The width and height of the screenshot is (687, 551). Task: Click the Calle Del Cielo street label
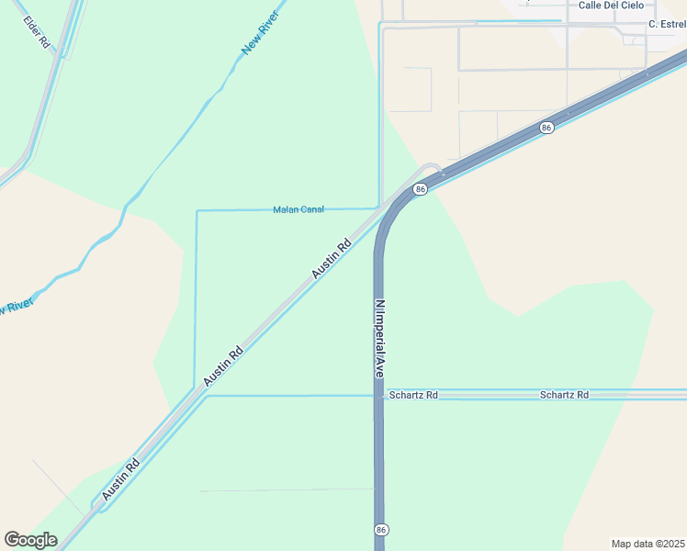[x=611, y=6]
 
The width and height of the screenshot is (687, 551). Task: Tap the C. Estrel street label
[x=667, y=24]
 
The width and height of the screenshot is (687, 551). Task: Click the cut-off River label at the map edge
[x=16, y=305]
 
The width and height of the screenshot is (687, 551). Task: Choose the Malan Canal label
[x=298, y=209]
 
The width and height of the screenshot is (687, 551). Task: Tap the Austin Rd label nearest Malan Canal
[x=332, y=259]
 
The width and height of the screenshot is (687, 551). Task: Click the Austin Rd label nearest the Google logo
[x=120, y=479]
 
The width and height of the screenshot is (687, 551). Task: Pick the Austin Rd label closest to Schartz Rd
[x=223, y=365]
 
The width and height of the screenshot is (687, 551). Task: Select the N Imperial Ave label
[x=378, y=339]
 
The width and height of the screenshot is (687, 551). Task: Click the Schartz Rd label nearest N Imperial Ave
[x=413, y=395]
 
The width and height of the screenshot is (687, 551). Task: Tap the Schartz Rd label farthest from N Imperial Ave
[x=564, y=395]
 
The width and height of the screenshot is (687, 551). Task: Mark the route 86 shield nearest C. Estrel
[x=546, y=128]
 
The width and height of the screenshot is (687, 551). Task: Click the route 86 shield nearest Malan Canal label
[x=420, y=189]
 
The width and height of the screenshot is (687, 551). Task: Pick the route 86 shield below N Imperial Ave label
[x=380, y=530]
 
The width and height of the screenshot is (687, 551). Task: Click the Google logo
[x=30, y=540]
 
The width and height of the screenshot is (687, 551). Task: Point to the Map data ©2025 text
[x=648, y=543]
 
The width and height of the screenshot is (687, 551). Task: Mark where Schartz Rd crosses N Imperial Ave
[x=378, y=395]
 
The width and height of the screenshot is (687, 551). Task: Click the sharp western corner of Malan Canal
[x=197, y=211]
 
